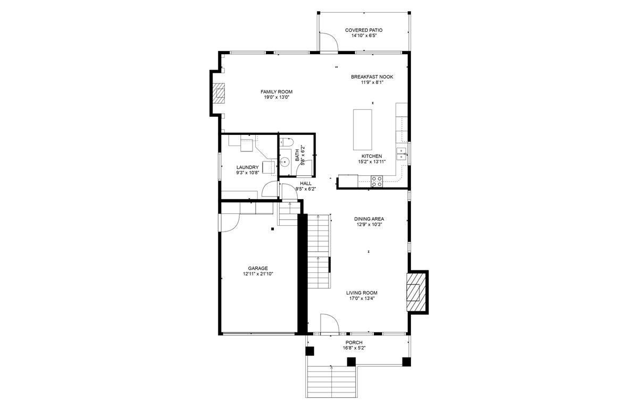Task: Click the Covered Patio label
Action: pyautogui.click(x=364, y=30)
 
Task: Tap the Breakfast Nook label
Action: pyautogui.click(x=372, y=77)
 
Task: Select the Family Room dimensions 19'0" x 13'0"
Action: pyautogui.click(x=276, y=97)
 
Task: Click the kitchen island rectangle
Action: pyautogui.click(x=363, y=130)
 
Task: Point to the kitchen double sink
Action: pyautogui.click(x=401, y=153)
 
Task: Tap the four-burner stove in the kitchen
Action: pyautogui.click(x=377, y=181)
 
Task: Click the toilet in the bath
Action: pyautogui.click(x=286, y=142)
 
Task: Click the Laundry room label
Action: pyautogui.click(x=248, y=167)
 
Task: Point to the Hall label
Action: pyautogui.click(x=306, y=183)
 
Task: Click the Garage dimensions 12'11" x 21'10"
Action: pyautogui.click(x=258, y=274)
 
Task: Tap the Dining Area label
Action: pyautogui.click(x=369, y=219)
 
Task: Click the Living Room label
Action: pyautogui.click(x=362, y=293)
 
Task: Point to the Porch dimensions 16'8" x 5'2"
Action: pyautogui.click(x=354, y=348)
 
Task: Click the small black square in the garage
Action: pyautogui.click(x=273, y=229)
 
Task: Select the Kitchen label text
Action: pyautogui.click(x=372, y=156)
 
